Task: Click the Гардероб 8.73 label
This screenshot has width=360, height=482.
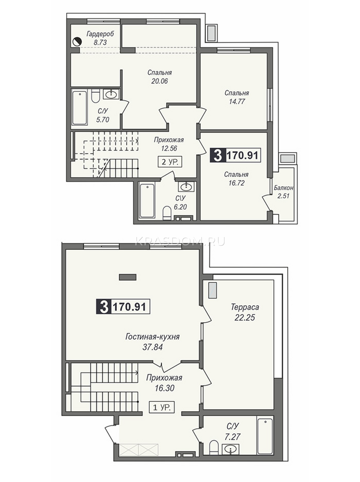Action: click(100, 38)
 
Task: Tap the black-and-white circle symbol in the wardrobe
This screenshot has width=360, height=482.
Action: click(77, 41)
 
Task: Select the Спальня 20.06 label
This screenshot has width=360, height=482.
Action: click(159, 77)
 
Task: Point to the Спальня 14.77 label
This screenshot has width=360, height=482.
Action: click(237, 97)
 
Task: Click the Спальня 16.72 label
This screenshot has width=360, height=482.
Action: click(236, 178)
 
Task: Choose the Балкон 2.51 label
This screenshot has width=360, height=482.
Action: click(283, 192)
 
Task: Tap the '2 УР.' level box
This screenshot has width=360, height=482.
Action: click(170, 162)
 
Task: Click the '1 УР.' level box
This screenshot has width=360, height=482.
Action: click(162, 408)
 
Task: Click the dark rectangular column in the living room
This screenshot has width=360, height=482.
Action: click(128, 277)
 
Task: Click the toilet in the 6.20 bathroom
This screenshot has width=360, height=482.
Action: click(167, 212)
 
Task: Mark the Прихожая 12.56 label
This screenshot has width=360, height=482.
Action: click(169, 144)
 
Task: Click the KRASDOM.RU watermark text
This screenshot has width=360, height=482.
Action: click(180, 241)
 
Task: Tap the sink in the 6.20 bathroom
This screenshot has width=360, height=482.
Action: click(186, 187)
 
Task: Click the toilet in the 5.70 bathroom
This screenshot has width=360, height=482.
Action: click(96, 96)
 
